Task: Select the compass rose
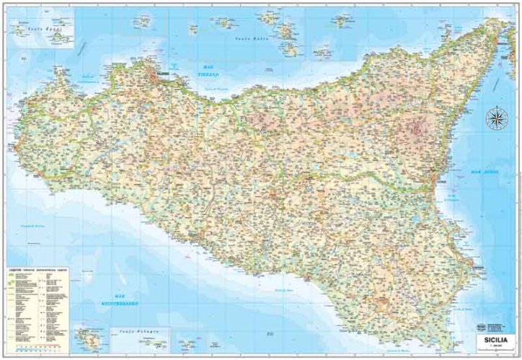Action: coord(495,118)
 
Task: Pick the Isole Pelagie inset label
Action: coord(137,332)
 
